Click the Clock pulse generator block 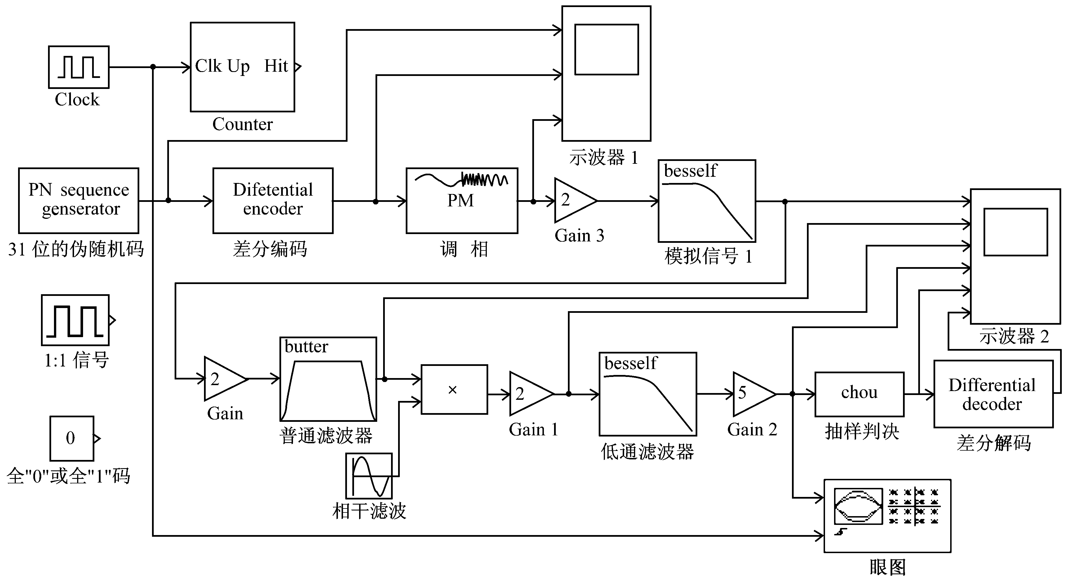[79, 67]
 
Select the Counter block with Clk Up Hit [242, 67]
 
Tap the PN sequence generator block [79, 200]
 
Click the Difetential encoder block [273, 200]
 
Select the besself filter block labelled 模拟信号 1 [707, 201]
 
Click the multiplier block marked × [454, 389]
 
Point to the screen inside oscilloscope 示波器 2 [1016, 232]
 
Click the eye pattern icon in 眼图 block [858, 506]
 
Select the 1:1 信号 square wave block [75, 320]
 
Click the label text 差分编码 [270, 249]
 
